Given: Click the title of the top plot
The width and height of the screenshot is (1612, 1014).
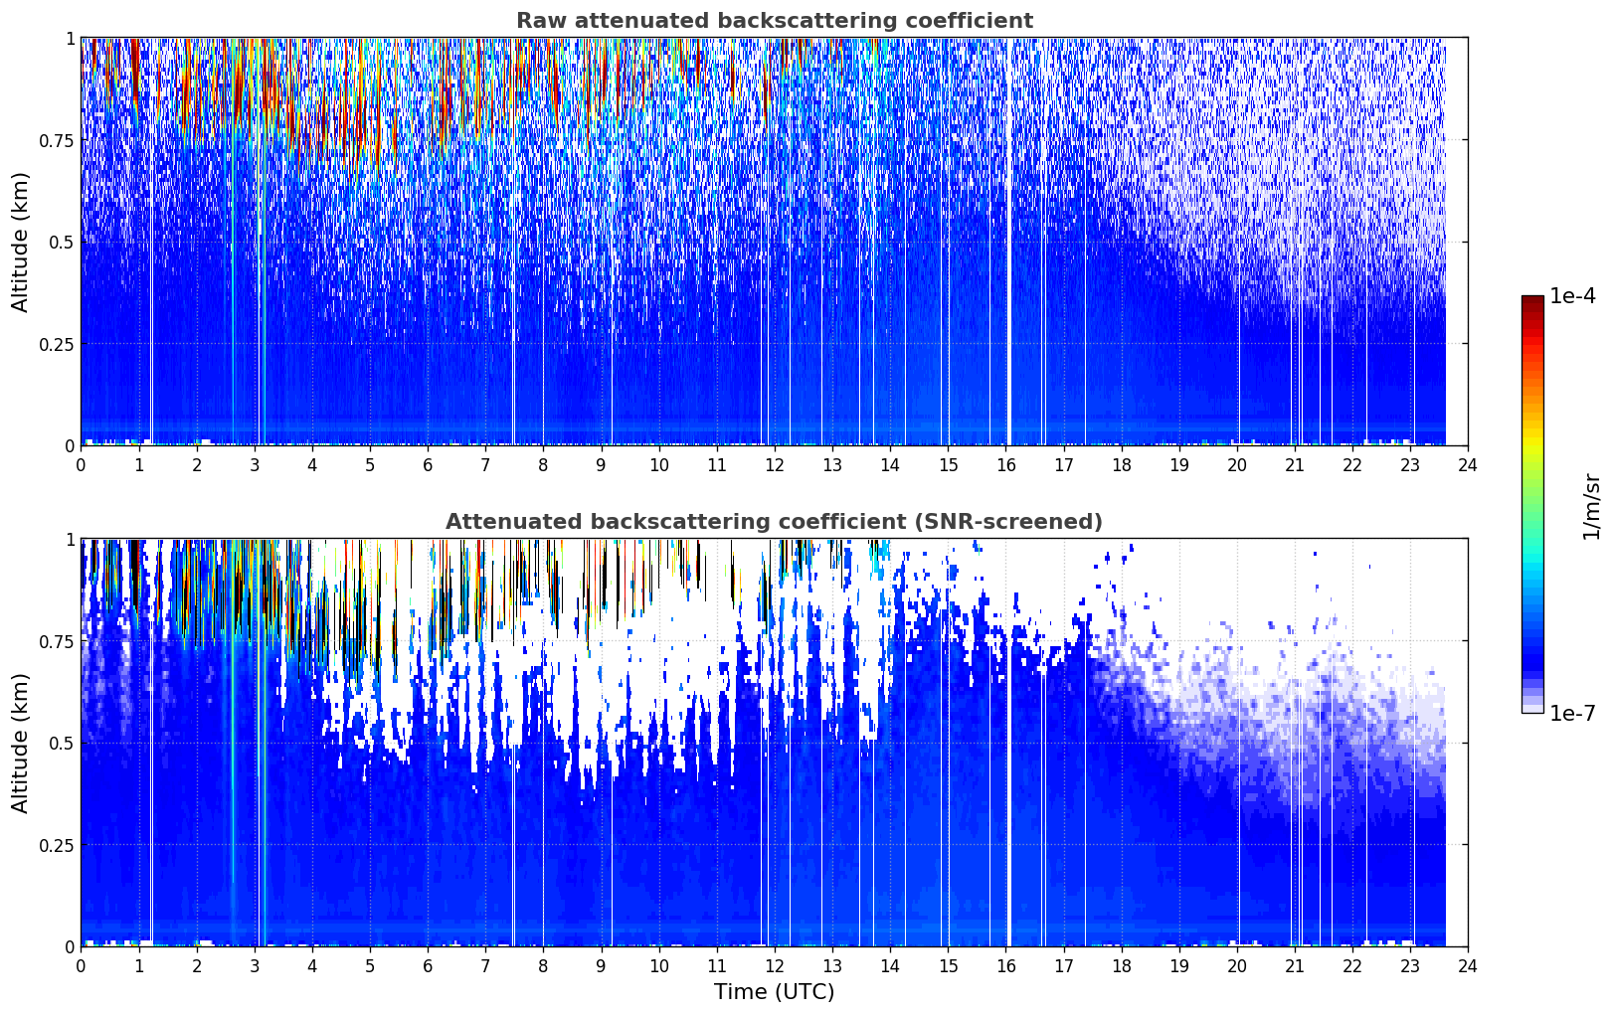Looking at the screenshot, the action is point(775,20).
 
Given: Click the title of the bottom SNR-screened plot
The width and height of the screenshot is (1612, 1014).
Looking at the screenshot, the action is point(775,521).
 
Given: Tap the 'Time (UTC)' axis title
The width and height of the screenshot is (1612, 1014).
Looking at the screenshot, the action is point(775,992).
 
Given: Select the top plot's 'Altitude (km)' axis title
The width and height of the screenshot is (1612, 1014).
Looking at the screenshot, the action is point(20,243).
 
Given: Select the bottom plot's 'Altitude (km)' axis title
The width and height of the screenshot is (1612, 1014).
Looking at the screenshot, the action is point(20,743).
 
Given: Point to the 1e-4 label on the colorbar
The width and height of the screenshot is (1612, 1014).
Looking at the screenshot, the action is point(1572,296).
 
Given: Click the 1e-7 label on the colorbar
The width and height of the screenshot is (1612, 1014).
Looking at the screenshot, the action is point(1572,713).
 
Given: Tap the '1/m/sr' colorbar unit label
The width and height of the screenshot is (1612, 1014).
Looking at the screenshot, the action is point(1591,506).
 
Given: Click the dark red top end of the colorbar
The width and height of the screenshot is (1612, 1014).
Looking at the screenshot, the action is point(1532,299).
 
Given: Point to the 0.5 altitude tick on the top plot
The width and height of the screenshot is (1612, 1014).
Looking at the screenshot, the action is point(62,243).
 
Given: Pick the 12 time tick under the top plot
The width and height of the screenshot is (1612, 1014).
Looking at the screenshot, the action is point(775,465).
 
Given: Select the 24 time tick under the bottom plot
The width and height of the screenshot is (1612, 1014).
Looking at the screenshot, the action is point(1468,966).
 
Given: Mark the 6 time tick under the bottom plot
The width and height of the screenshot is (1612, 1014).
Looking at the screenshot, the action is point(428,966).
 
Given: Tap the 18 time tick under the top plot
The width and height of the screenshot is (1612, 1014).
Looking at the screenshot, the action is point(1121,465).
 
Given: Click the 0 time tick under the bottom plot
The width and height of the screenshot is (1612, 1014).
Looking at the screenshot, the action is point(81,966).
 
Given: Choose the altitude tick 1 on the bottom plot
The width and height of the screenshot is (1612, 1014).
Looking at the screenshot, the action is point(70,540).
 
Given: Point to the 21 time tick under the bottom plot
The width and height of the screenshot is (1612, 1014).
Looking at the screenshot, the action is point(1295,966).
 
